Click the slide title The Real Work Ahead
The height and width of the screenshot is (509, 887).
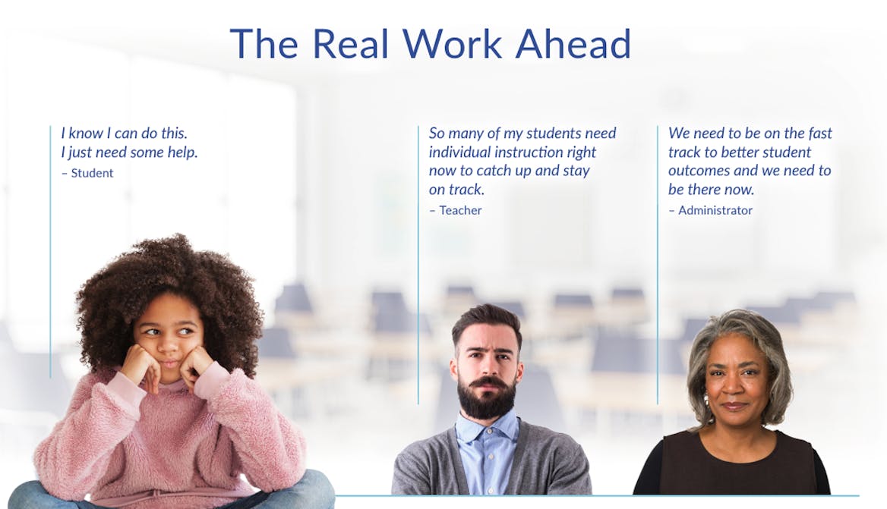click(x=430, y=44)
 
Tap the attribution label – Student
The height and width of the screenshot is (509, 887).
click(x=87, y=173)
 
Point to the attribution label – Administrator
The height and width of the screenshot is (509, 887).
click(x=711, y=210)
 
